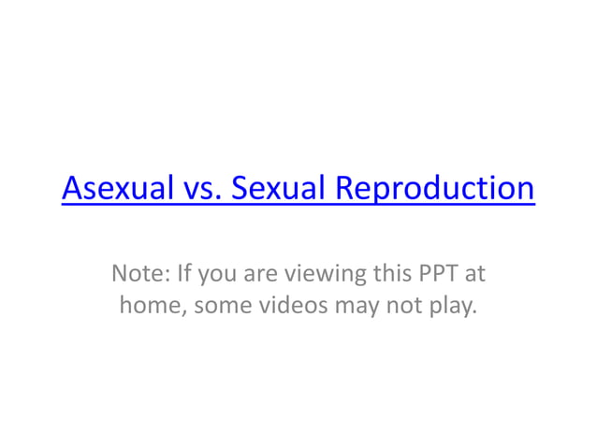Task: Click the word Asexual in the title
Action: (x=116, y=189)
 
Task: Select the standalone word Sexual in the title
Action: (x=279, y=189)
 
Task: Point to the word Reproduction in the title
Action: (x=435, y=189)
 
